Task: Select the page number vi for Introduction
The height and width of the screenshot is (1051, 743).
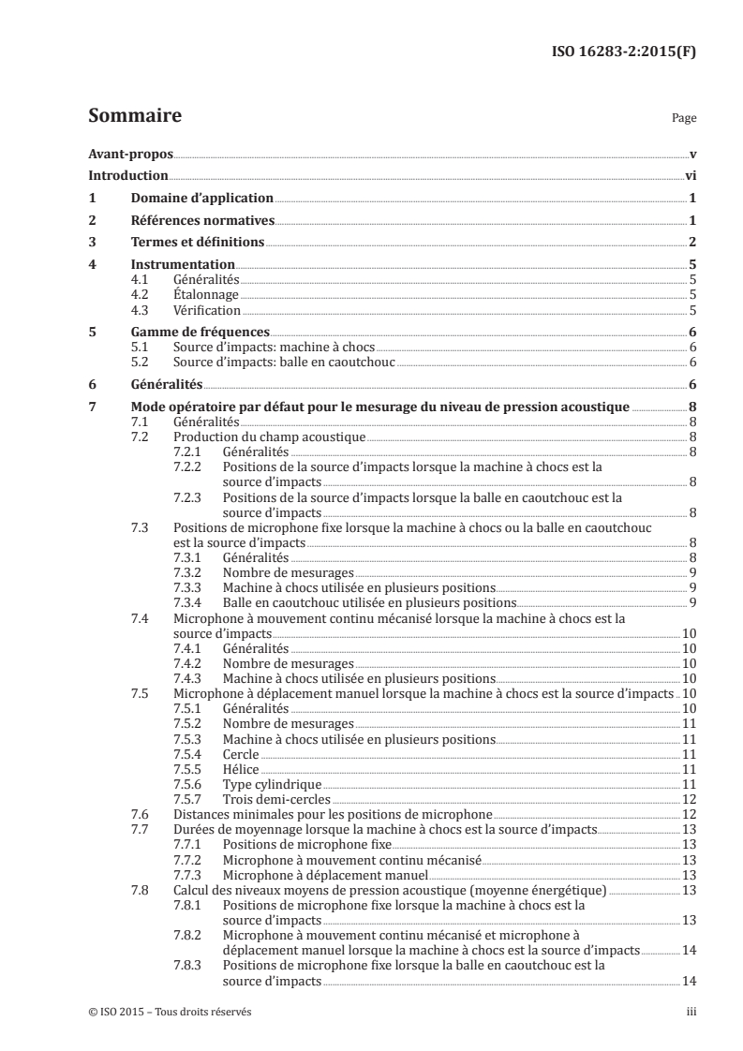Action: [x=690, y=176]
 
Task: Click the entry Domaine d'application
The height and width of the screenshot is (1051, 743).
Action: [x=201, y=199]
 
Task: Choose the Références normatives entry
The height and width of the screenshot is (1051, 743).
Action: [x=201, y=221]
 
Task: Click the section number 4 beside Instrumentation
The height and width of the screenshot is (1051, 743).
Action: [x=92, y=265]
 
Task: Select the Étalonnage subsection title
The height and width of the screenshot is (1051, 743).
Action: [x=206, y=294]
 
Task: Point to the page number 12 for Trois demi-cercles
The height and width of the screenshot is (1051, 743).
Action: [x=688, y=798]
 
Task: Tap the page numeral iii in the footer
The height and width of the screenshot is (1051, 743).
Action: [x=691, y=1012]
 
